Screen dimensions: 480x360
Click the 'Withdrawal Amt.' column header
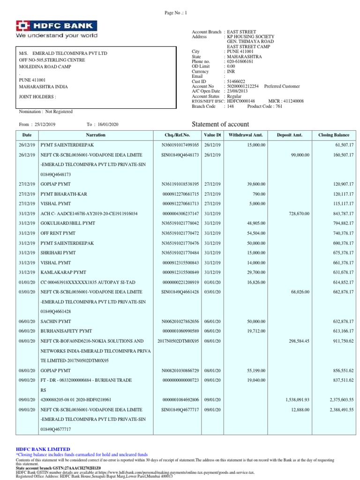click(x=246, y=135)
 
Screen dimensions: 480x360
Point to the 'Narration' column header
click(x=96, y=135)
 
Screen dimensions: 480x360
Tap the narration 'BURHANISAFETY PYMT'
click(x=62, y=330)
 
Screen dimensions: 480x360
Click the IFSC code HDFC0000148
click(x=240, y=101)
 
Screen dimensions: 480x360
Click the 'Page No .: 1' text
click(x=173, y=13)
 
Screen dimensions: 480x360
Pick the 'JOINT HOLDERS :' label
click(x=37, y=97)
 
